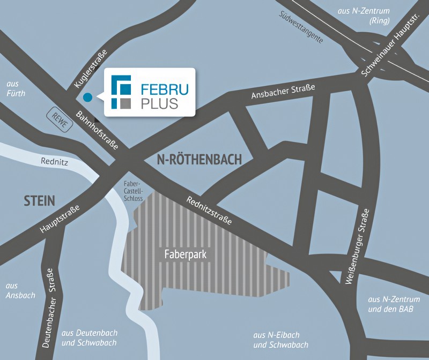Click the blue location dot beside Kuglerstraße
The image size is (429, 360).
tap(87, 97)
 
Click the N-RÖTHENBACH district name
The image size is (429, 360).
tap(199, 159)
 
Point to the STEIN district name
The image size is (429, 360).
tap(39, 201)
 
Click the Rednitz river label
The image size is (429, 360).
tap(53, 160)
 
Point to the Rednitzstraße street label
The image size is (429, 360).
tap(209, 210)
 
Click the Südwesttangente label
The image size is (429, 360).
tap(301, 27)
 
